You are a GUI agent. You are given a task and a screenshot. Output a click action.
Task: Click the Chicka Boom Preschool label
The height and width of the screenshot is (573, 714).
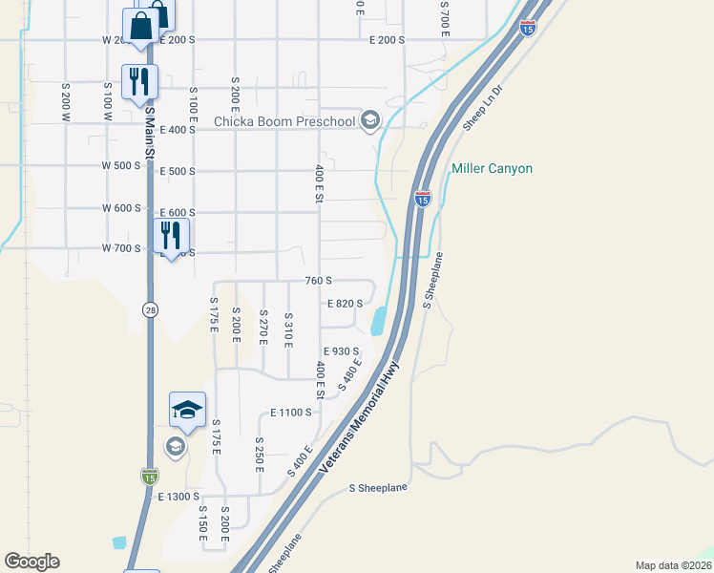pyautogui.click(x=283, y=121)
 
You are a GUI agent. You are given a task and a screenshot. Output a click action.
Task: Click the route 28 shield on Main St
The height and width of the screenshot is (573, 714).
pyautogui.click(x=150, y=309)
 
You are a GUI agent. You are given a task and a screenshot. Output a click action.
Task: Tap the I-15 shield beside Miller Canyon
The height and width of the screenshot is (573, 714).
pyautogui.click(x=423, y=198)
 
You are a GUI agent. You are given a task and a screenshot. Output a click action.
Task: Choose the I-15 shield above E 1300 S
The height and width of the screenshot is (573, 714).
pyautogui.click(x=149, y=476)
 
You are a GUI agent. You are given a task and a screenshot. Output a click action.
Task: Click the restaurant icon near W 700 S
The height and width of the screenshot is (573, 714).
pyautogui.click(x=172, y=236)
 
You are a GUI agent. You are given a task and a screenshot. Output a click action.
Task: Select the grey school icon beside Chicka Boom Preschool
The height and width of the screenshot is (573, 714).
pyautogui.click(x=371, y=120)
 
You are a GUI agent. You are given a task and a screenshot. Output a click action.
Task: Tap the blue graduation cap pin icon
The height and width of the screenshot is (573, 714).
pyautogui.click(x=188, y=410)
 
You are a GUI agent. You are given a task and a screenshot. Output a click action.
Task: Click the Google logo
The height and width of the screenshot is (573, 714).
pyautogui.click(x=31, y=562)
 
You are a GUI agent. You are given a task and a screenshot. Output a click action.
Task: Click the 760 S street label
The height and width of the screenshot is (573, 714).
pyautogui.click(x=318, y=281)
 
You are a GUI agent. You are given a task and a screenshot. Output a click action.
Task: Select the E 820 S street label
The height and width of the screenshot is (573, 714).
pyautogui.click(x=345, y=304)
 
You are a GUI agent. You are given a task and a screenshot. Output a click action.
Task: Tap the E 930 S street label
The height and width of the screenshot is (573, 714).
pyautogui.click(x=341, y=352)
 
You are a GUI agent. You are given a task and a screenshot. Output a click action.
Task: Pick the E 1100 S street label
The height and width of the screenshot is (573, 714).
pyautogui.click(x=291, y=413)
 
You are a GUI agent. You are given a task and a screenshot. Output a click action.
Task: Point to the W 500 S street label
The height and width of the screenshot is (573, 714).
pyautogui.click(x=121, y=165)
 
